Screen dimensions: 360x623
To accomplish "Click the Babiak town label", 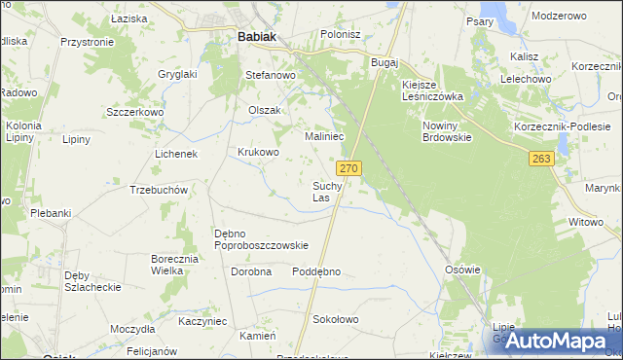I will coord(256,37).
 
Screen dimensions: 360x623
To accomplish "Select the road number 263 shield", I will coord(542,159).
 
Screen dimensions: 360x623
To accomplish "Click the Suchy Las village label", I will coord(327,191).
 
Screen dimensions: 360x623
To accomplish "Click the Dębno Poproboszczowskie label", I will coord(261,239).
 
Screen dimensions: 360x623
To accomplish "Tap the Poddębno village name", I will coord(316,271).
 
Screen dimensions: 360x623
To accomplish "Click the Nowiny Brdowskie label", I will coord(447,131).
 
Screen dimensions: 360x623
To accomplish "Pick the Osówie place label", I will coord(462,270).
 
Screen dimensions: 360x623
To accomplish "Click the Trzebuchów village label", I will coord(158,190).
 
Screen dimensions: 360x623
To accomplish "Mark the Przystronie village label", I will coord(88,43).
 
